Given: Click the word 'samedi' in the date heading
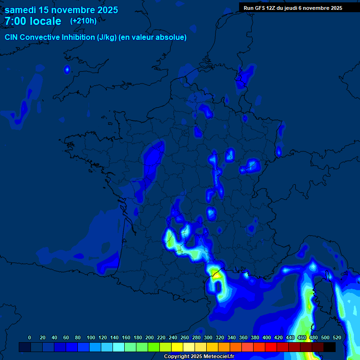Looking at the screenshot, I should pos(21,10).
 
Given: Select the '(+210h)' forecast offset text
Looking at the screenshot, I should pos(83,21).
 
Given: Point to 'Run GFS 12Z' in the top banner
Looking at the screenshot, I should pos(262,8).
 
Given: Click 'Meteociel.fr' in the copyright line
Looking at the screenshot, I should pos(218,357).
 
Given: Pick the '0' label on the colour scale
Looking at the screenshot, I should pos(30,337).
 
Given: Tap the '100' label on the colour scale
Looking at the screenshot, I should pos(91,337).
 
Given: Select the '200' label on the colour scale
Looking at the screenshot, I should pos(150,337).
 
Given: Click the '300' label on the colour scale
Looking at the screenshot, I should pos(208,337).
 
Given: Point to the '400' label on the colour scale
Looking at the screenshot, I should pos(267,337).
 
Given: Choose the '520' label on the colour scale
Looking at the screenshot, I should pos(337,337).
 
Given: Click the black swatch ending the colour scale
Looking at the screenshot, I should pos(330,347).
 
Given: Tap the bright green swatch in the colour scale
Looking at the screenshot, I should pos(154,347).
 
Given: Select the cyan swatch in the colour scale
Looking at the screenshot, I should pos(119,347).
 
